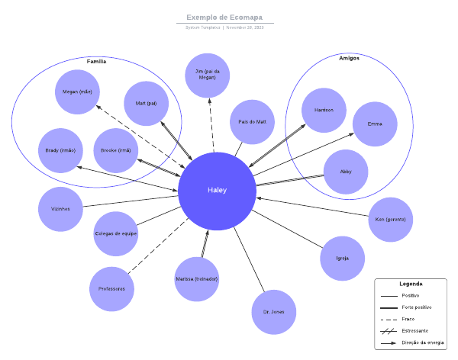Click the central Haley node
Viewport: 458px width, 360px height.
(x=217, y=191)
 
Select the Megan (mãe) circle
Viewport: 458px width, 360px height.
(x=77, y=92)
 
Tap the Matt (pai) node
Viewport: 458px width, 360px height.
(x=146, y=103)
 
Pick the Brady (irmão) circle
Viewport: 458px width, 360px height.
(x=60, y=150)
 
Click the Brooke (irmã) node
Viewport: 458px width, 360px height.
(x=115, y=150)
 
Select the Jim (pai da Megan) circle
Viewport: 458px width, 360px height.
(x=207, y=75)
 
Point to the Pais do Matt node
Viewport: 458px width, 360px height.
(x=252, y=121)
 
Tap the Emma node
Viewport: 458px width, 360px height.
(x=375, y=124)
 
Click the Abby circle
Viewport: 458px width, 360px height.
(x=346, y=172)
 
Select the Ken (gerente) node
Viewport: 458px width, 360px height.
(x=390, y=220)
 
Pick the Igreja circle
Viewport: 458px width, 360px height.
(x=343, y=258)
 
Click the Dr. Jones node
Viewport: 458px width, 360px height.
(x=273, y=312)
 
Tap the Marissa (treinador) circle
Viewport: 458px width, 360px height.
(x=196, y=279)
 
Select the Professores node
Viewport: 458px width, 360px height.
(x=111, y=289)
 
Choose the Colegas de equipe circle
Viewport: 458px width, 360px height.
(x=116, y=233)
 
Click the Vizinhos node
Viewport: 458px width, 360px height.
(x=60, y=208)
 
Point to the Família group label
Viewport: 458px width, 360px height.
(x=96, y=62)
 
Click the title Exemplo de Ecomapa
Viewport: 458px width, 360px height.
(x=224, y=17)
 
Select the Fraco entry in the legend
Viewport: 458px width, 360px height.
(x=408, y=319)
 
